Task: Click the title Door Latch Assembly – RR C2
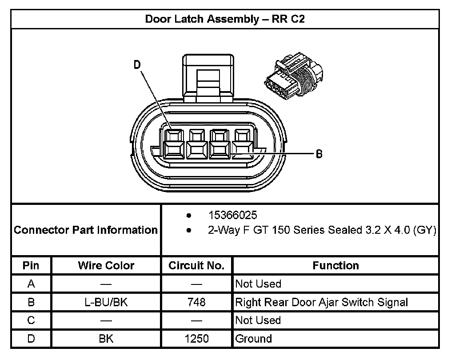pos(225,20)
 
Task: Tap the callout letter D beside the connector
pos(137,65)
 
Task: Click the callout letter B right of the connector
pos(319,154)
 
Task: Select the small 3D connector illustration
pos(293,75)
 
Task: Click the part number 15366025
pos(232,215)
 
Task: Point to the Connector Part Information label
pos(86,230)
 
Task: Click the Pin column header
pos(31,266)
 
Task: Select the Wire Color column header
pos(106,266)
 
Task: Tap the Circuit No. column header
pos(196,266)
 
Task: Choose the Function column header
pos(335,266)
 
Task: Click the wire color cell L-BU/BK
pos(106,302)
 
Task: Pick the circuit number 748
pos(196,302)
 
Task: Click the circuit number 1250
pos(196,339)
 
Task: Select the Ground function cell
pos(253,339)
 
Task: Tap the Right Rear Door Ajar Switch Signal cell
pos(321,302)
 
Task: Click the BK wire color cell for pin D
pos(106,339)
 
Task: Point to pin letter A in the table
pos(31,284)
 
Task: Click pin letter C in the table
pos(31,320)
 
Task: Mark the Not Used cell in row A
pos(258,284)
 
